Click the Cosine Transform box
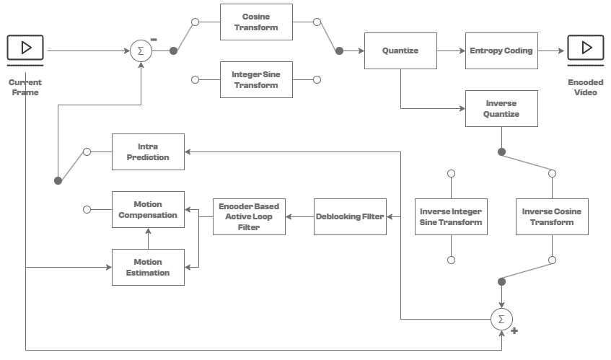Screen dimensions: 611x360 pos(256,22)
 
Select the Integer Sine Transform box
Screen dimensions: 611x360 pos(256,79)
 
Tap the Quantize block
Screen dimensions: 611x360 pos(400,51)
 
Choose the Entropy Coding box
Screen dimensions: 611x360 pos(501,51)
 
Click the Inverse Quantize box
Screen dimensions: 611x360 pos(501,108)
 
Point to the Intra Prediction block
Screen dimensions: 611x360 pos(148,152)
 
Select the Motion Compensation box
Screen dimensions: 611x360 pos(148,209)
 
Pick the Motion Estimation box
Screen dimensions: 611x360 pos(148,267)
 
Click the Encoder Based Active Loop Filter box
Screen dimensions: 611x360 pos(249,216)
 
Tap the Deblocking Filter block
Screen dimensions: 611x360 pos(350,216)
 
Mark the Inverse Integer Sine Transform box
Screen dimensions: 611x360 pos(451,216)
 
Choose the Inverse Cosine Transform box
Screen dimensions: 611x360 pos(552,216)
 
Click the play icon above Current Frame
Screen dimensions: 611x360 pos(25,48)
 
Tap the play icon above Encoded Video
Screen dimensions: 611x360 pos(586,48)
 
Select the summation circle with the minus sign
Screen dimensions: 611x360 pos(141,51)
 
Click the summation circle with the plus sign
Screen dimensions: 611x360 pos(501,319)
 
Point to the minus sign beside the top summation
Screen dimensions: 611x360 pos(154,40)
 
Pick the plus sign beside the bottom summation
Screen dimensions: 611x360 pos(514,330)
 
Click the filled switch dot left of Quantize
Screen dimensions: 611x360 pos(339,51)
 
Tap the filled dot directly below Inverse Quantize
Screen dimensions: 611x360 pos(501,152)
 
